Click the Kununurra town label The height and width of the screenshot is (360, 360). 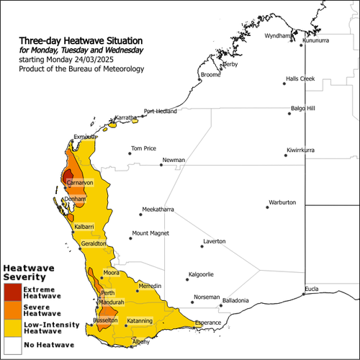[x=315, y=41]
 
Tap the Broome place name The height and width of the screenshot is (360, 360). [x=211, y=74]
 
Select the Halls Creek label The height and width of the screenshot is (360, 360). [x=301, y=78]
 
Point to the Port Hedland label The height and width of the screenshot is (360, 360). [x=160, y=111]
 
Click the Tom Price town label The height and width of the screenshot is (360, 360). [x=143, y=149]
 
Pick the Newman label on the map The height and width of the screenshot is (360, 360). [x=174, y=160]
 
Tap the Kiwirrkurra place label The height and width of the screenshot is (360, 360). [x=302, y=150]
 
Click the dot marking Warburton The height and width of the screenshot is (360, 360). [x=267, y=207]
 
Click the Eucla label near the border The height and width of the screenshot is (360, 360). [x=311, y=289]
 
